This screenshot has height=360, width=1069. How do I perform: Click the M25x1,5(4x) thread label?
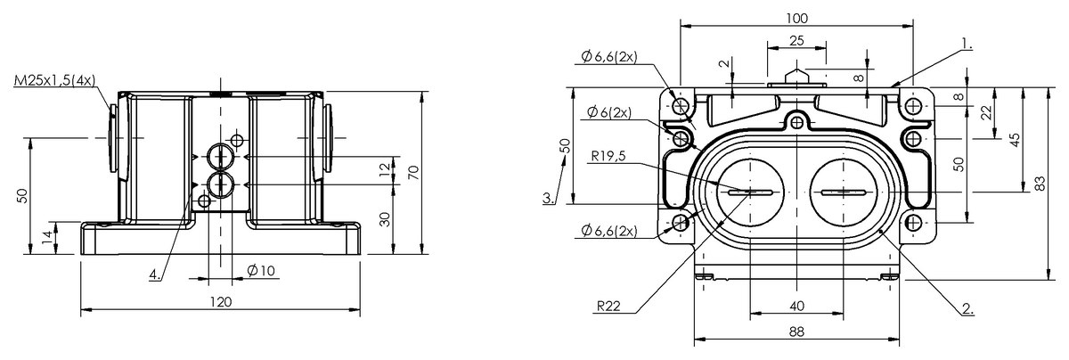(x=55, y=80)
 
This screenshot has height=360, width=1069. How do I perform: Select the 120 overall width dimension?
(x=221, y=302)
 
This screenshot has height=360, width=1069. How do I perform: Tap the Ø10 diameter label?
(x=261, y=271)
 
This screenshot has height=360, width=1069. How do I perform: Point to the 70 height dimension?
(x=414, y=172)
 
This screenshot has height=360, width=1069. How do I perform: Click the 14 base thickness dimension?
(x=47, y=237)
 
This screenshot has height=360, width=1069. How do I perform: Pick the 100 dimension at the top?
(x=797, y=18)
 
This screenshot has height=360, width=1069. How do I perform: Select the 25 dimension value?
(x=796, y=41)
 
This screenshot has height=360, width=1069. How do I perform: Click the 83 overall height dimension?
(x=1040, y=184)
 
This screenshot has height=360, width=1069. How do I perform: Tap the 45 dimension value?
(x=1016, y=139)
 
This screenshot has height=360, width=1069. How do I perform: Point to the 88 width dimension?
(x=796, y=331)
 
